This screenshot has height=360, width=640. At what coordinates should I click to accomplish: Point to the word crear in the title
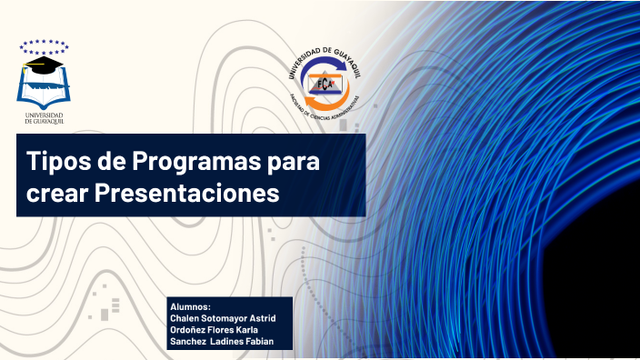55,194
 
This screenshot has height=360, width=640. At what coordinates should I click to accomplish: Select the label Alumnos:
190,307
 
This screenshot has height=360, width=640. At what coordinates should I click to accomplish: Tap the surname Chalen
187,318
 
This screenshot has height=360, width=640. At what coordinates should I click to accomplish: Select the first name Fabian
257,341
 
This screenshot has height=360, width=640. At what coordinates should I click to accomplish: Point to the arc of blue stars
43,44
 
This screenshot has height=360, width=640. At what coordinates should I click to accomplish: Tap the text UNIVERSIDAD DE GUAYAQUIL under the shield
43,118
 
